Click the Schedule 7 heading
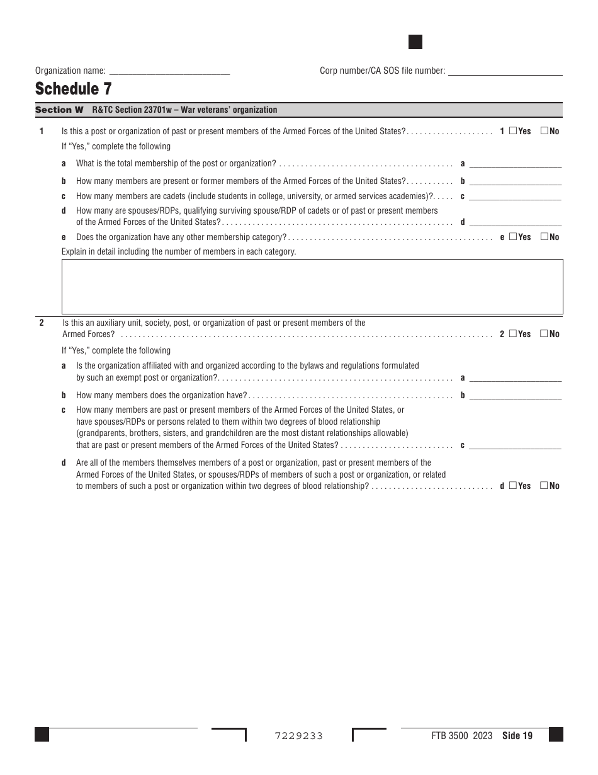coord(74,89)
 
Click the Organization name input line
coord(169,71)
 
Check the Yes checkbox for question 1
coord(513,131)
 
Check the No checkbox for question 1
coord(544,131)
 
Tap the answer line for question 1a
coord(516,164)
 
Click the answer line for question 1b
coord(516,181)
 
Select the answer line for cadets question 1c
coord(516,197)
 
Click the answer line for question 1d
coord(516,222)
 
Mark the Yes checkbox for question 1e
coord(513,237)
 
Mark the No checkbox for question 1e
coord(544,237)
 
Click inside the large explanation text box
coord(312,287)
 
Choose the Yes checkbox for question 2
coord(513,334)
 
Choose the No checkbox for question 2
coord(544,334)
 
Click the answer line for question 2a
coord(516,378)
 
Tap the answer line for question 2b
coord(516,396)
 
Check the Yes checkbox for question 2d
coord(513,486)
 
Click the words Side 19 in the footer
coord(517,736)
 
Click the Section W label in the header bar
coord(59,110)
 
